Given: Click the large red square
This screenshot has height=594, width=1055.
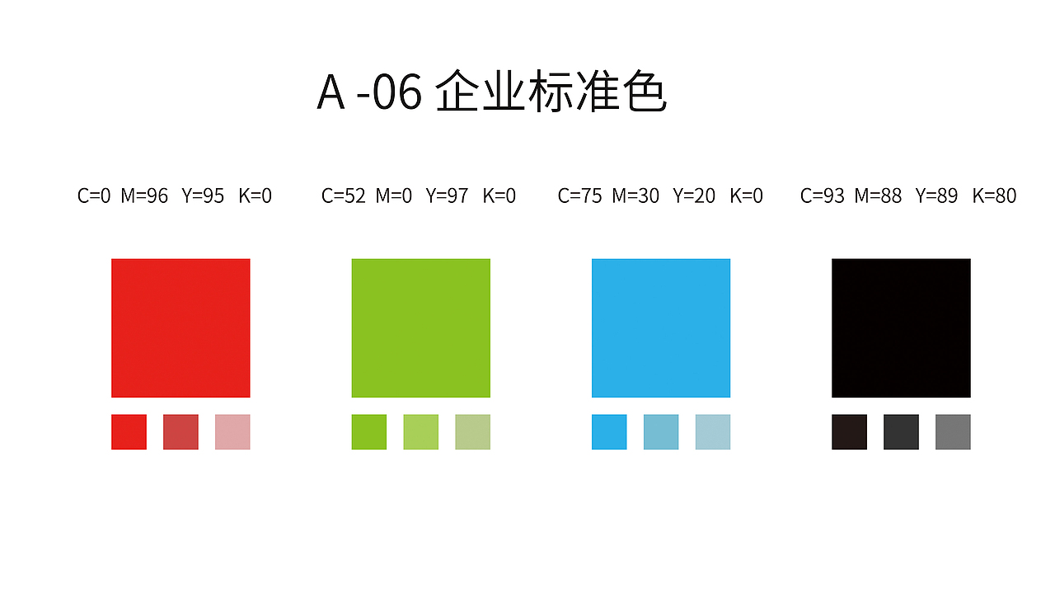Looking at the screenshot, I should click(181, 328).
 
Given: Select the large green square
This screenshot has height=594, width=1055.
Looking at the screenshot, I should click(420, 328).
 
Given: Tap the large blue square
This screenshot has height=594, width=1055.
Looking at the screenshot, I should click(660, 328).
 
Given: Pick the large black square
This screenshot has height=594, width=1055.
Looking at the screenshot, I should click(901, 328).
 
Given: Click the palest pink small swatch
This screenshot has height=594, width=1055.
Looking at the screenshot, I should click(232, 431).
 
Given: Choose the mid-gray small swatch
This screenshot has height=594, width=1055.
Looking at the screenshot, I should click(953, 431).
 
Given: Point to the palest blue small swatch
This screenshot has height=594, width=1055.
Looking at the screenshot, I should click(713, 431).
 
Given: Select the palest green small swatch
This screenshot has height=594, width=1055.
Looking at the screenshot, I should click(472, 431).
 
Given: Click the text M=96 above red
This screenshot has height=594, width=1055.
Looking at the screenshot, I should click(144, 196).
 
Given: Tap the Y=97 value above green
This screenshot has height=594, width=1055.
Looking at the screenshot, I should click(447, 196).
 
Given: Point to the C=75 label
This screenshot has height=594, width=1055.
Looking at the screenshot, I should click(580, 196).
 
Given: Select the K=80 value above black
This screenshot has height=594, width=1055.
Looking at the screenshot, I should click(994, 196).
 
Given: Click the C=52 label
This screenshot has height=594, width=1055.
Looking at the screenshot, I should click(344, 196).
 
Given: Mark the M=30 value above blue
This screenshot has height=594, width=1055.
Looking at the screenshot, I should click(635, 196).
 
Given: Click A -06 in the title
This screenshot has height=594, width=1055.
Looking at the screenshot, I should click(369, 92).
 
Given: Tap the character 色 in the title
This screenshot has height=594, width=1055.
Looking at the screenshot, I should click(644, 91).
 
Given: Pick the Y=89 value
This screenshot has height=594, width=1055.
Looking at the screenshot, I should click(936, 196).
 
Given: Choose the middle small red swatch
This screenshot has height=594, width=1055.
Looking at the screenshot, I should click(181, 431).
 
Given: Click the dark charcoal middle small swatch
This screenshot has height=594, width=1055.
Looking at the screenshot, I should click(901, 431).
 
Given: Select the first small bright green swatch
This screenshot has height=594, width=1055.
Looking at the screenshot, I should click(368, 431).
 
